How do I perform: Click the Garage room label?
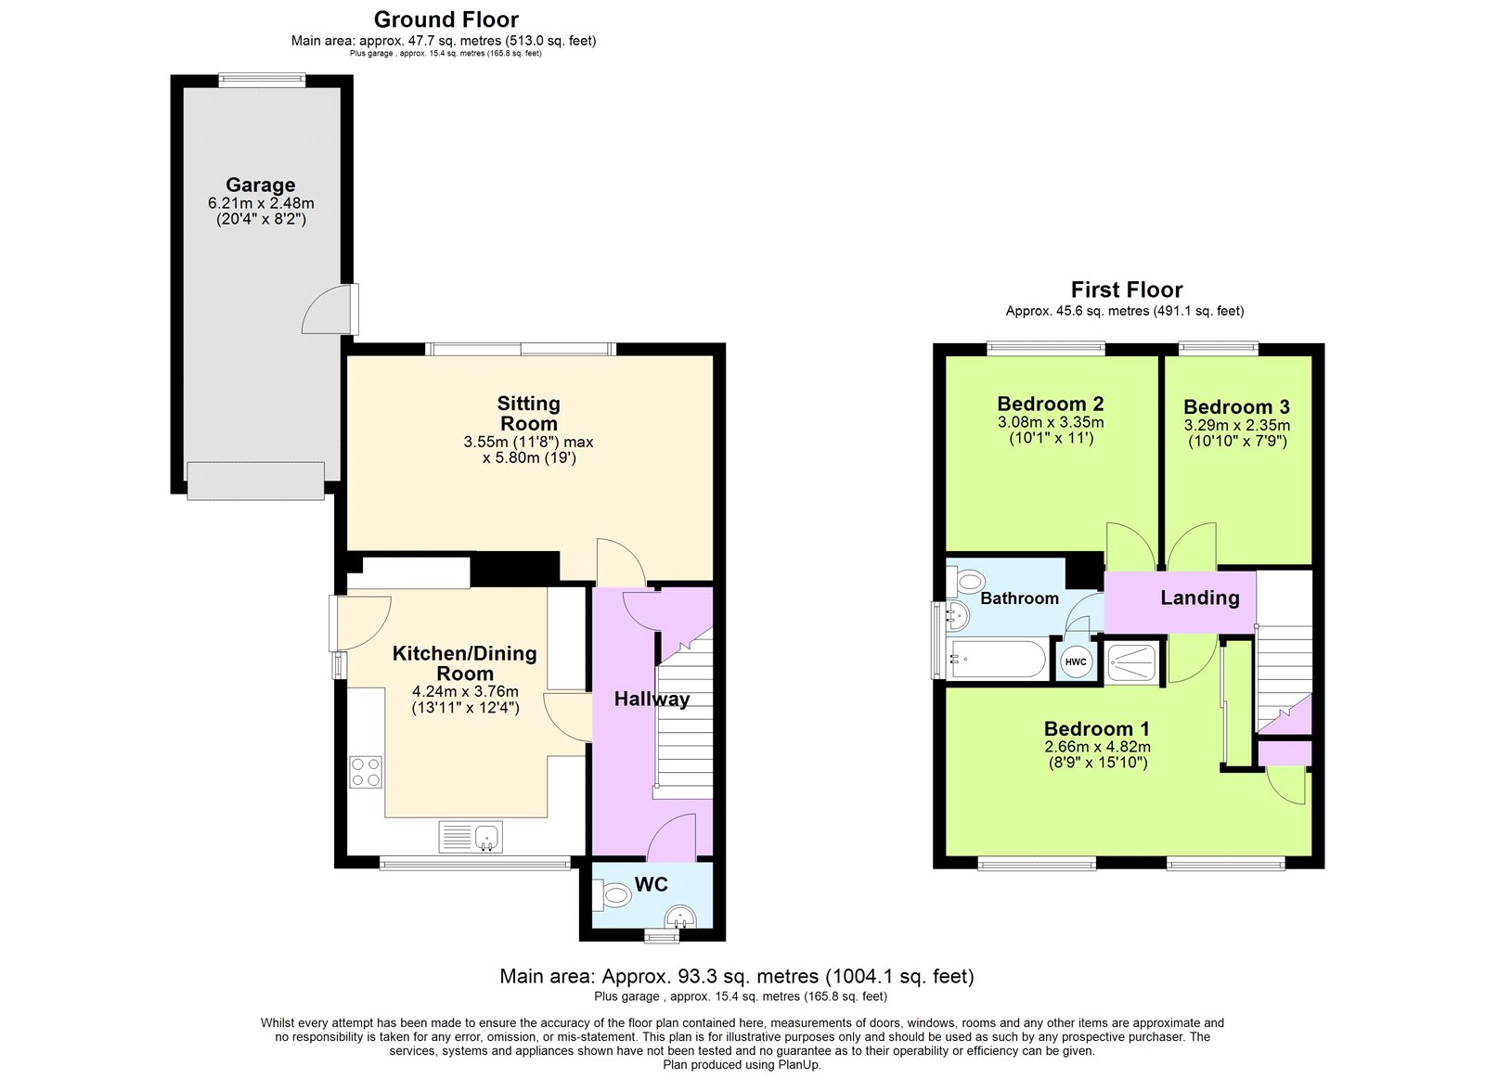click(260, 185)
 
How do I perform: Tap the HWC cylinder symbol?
click(1076, 662)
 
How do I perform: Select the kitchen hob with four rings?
click(366, 772)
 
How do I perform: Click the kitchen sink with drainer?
click(471, 837)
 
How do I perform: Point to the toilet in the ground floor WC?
click(614, 896)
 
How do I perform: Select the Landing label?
click(1199, 597)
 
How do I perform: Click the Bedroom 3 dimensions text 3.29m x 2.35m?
click(1236, 426)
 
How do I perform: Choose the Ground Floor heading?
click(445, 19)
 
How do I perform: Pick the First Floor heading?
click(1126, 289)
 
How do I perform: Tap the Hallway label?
click(652, 699)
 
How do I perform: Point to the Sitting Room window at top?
click(521, 349)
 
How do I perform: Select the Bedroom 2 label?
click(1050, 404)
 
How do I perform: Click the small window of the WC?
click(662, 937)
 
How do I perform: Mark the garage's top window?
click(262, 81)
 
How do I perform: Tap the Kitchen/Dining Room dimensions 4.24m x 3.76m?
click(465, 691)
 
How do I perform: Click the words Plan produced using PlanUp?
click(742, 1065)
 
